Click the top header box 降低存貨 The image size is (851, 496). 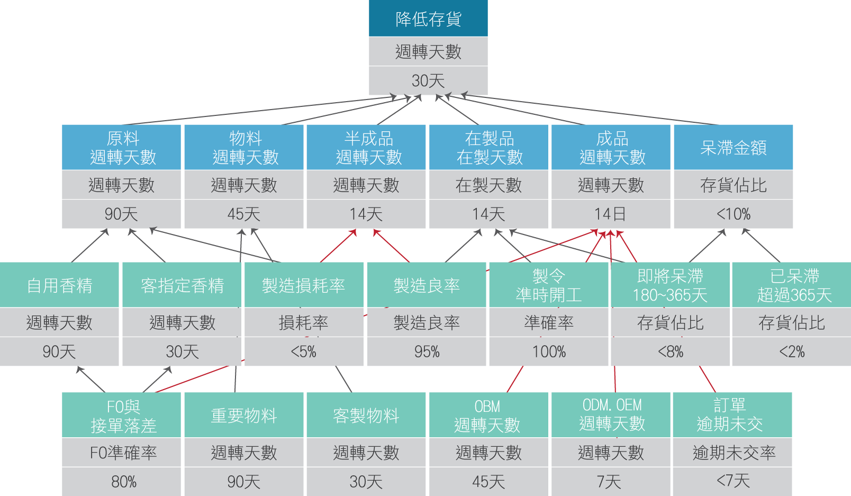coord(428,19)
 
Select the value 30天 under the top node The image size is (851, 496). coord(428,80)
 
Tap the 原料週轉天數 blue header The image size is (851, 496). coord(122,148)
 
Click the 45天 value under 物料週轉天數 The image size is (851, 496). coord(243,214)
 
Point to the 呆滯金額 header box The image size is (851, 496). coord(733,148)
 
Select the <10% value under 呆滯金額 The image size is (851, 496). coord(733,214)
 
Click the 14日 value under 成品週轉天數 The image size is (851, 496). coord(610,214)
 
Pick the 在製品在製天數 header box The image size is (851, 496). coord(488,148)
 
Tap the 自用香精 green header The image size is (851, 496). coord(59,285)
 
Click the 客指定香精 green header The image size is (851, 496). coord(182,285)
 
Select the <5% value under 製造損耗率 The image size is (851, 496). coord(303,351)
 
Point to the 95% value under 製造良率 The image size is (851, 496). coord(427,351)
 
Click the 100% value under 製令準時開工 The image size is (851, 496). coord(549,351)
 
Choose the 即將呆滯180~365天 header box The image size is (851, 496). coord(669,285)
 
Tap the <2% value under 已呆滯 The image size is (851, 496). coord(792,351)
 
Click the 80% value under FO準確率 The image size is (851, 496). coord(123,482)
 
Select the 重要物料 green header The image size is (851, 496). coord(243,416)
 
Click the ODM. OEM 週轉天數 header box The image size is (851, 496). coord(611,414)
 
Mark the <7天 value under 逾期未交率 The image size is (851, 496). coord(733,481)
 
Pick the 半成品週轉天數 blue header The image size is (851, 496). coord(366,148)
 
